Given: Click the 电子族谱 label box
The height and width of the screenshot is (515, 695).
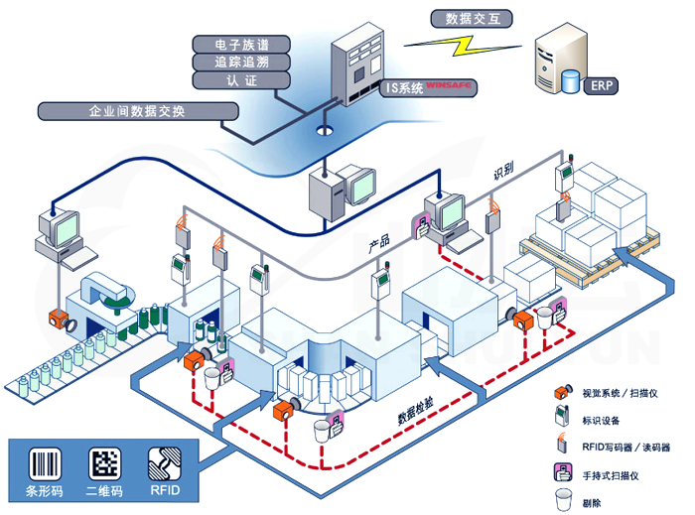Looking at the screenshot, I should pos(241,45).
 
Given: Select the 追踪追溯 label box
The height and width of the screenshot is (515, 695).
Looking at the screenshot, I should pos(241,63).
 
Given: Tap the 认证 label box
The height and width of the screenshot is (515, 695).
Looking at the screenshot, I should pos(241,80).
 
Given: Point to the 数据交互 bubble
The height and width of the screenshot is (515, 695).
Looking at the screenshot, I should pos(466,18).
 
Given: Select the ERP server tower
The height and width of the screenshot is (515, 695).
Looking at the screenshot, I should pos(557,63).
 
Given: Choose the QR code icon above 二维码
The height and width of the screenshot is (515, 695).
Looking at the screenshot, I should pos(106,464).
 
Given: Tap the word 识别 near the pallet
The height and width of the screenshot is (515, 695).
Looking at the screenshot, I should pos(504,172).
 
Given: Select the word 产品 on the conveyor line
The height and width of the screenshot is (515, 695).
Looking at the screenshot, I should pos(379,242).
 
